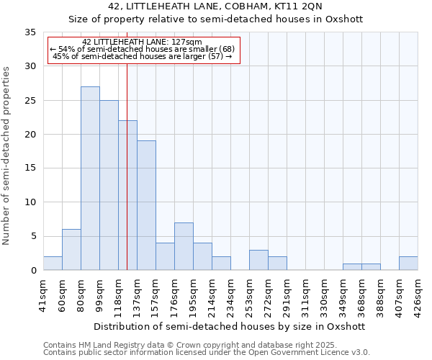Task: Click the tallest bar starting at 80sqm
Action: click(90, 179)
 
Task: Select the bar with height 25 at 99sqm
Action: click(109, 185)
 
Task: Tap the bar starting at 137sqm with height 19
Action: click(146, 205)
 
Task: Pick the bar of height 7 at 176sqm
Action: click(184, 246)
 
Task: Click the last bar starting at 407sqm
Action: click(408, 264)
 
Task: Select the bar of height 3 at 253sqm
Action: click(258, 260)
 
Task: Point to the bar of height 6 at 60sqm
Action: click(71, 250)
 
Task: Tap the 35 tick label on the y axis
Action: click(30, 32)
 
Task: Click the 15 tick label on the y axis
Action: click(30, 168)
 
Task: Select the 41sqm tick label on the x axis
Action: click(43, 295)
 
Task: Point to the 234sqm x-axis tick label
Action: click(230, 297)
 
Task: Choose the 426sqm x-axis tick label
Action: click(418, 297)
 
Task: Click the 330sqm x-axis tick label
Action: click(324, 297)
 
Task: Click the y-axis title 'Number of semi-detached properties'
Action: click(7, 155)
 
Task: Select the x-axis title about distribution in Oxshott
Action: click(230, 326)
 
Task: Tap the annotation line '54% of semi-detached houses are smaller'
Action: click(143, 48)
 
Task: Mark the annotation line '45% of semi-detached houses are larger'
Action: click(143, 56)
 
